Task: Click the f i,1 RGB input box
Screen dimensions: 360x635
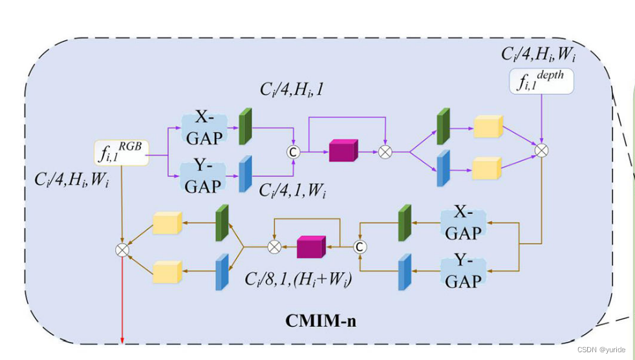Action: click(122, 153)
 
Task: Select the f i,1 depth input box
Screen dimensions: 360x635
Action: click(541, 81)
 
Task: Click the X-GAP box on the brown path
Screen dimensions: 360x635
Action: click(462, 224)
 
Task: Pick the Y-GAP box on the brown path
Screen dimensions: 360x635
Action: click(462, 270)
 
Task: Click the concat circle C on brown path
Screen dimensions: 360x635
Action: click(360, 246)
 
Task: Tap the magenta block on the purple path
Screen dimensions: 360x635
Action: click(343, 151)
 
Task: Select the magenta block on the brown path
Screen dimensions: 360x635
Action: click(310, 247)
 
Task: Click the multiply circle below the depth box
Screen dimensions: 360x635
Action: click(542, 150)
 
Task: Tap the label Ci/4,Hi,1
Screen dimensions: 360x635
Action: click(292, 90)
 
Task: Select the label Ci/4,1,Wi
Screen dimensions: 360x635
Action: click(293, 191)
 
